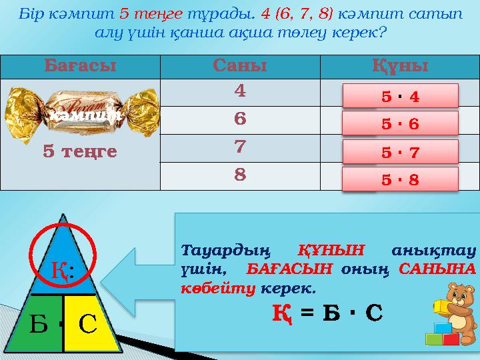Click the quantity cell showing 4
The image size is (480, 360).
[x=240, y=91]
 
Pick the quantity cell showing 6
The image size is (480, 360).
[x=240, y=119]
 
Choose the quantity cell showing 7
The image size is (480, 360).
[x=240, y=147]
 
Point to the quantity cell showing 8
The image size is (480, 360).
[x=240, y=175]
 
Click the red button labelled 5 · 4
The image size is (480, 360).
[x=401, y=96]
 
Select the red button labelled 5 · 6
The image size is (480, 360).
[x=401, y=124]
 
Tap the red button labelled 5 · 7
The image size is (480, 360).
[x=401, y=152]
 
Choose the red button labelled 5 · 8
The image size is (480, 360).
[x=401, y=179]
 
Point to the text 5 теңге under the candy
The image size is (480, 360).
[x=80, y=152]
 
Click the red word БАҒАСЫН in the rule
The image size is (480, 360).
[x=289, y=270]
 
